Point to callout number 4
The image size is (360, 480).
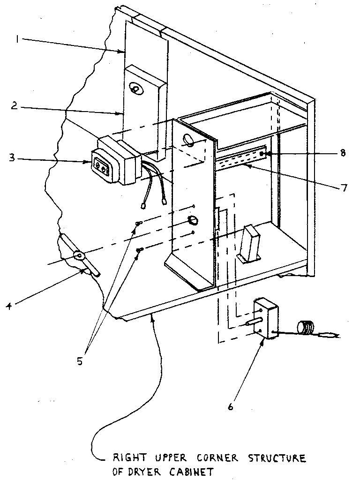click(9, 307)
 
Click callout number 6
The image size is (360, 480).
click(230, 406)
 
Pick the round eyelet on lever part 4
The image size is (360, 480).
click(78, 256)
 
